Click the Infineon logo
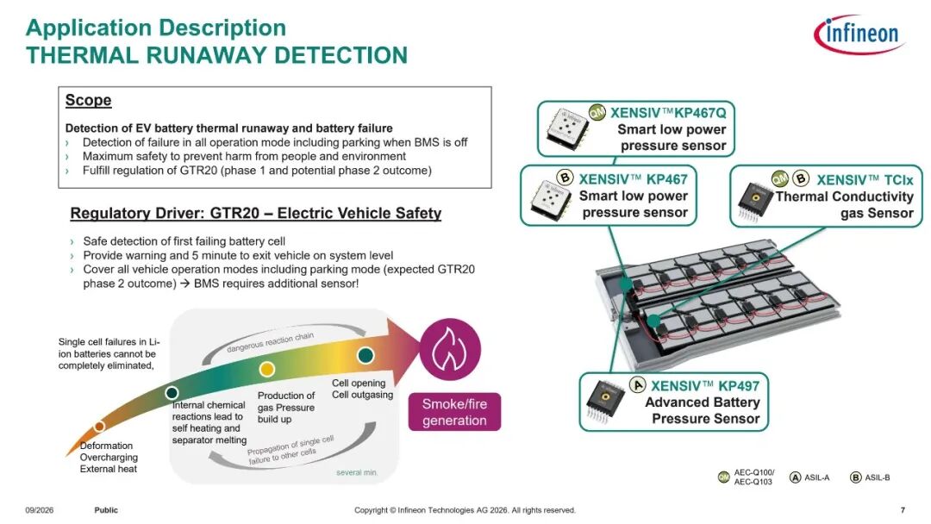(859, 34)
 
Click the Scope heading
(89, 100)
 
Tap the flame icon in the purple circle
(450, 349)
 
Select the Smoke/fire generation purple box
(454, 412)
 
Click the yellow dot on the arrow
(267, 369)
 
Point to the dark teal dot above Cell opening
(366, 355)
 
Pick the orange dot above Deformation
(100, 426)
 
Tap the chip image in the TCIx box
(754, 201)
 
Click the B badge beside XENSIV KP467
(565, 178)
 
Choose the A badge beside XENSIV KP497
(638, 384)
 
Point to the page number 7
(903, 509)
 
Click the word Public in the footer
(106, 509)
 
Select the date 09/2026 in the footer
(39, 509)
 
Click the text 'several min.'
(357, 472)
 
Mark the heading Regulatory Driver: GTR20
(256, 213)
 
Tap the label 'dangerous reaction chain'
(270, 342)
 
